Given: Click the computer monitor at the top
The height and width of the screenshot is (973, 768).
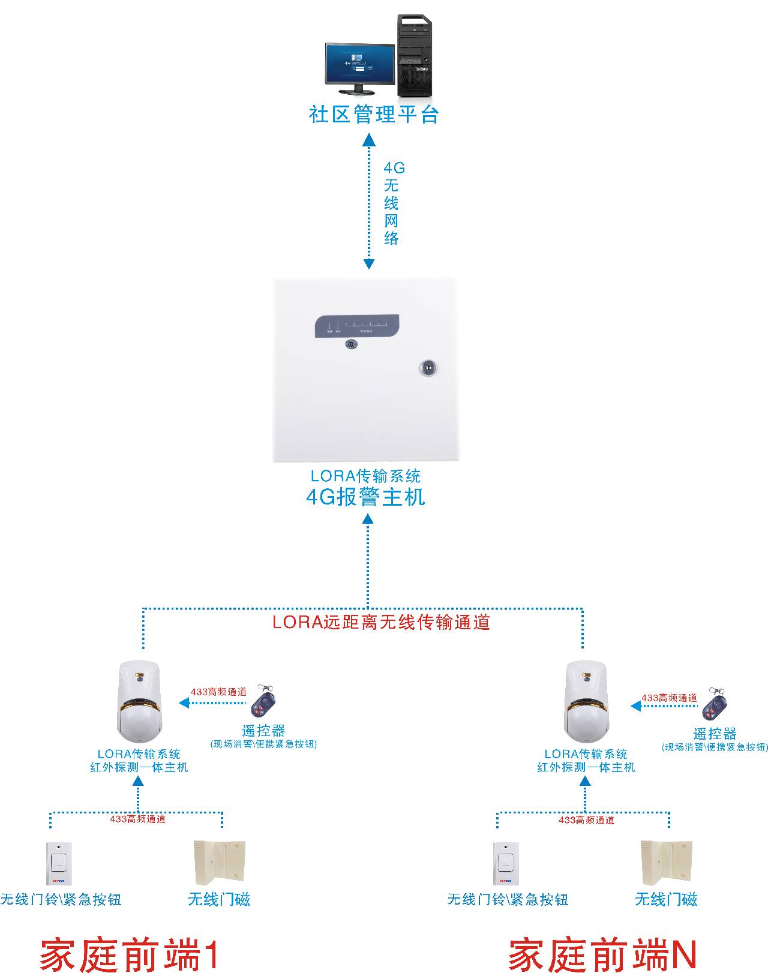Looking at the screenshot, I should pyautogui.click(x=359, y=66).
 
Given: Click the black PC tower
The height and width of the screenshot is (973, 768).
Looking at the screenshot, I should pyautogui.click(x=414, y=56).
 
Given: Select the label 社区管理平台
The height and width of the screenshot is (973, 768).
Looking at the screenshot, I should pyautogui.click(x=374, y=114).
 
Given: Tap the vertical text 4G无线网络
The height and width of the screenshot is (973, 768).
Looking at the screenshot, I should pyautogui.click(x=391, y=203).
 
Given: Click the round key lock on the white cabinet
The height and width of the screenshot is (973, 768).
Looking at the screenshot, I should pyautogui.click(x=428, y=367).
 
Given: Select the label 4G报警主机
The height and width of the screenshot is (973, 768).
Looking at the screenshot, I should pyautogui.click(x=365, y=497).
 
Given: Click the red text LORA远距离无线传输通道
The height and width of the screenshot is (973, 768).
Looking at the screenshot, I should pyautogui.click(x=381, y=622).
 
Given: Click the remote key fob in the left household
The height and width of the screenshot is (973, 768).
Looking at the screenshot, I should pyautogui.click(x=262, y=701).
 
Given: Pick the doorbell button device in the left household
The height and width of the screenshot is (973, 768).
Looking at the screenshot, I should pyautogui.click(x=59, y=863).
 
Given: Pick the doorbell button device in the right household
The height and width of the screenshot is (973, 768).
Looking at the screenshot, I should pyautogui.click(x=506, y=863).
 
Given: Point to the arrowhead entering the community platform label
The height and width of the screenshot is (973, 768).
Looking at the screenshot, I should pyautogui.click(x=369, y=140).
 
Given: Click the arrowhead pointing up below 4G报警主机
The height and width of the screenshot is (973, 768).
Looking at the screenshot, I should pyautogui.click(x=368, y=518).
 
